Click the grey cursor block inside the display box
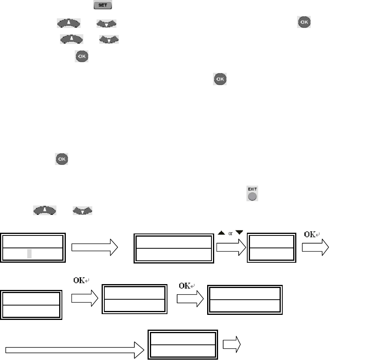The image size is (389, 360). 30,254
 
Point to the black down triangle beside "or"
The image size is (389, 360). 239,232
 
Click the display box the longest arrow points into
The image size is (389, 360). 183,345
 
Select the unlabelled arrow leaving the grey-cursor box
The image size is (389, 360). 95,248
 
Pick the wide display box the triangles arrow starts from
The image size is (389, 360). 174,248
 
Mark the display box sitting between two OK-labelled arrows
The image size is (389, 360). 134,299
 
